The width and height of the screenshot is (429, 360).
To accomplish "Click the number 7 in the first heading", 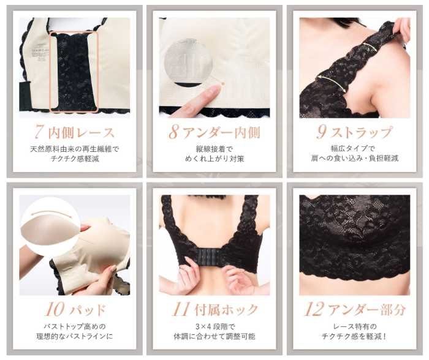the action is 39,132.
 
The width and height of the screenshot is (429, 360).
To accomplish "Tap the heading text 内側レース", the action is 82,133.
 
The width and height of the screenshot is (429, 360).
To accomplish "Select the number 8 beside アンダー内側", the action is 173,132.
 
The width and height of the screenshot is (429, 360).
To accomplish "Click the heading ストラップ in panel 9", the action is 362,132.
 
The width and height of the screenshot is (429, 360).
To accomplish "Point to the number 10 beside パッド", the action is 55,309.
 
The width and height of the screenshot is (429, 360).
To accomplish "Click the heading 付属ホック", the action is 226,310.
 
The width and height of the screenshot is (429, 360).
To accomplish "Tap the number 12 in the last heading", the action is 314,309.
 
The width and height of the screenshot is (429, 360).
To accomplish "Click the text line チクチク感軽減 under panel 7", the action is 75,159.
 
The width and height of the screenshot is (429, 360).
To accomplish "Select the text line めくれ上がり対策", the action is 214,159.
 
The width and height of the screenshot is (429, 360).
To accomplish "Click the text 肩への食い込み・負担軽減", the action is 355,159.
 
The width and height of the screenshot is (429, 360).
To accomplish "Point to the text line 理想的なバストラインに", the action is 74,336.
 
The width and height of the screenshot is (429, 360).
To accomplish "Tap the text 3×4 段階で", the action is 215,326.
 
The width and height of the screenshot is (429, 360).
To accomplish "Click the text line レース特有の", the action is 355,326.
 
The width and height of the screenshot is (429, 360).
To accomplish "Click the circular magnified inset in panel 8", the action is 189,62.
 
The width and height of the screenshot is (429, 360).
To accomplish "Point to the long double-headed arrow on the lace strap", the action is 331,83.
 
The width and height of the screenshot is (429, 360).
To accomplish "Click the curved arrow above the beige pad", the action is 51,212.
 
